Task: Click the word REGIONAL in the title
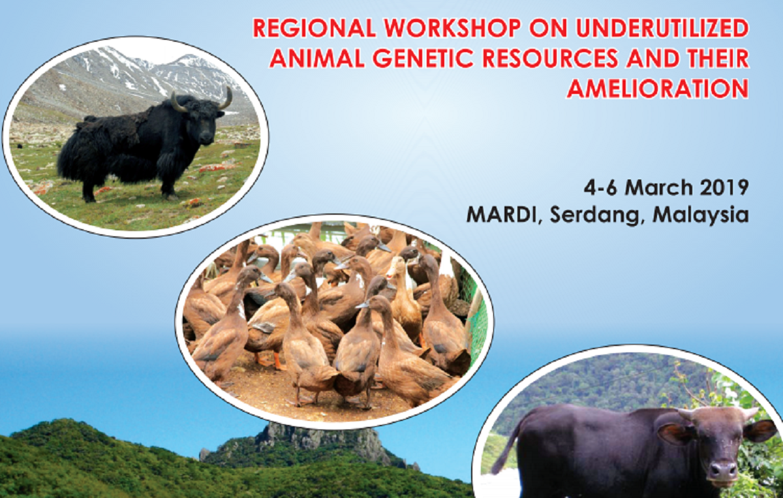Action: click(314, 28)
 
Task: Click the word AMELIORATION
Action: click(658, 89)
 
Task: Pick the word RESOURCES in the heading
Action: click(549, 58)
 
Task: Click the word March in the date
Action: click(659, 187)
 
